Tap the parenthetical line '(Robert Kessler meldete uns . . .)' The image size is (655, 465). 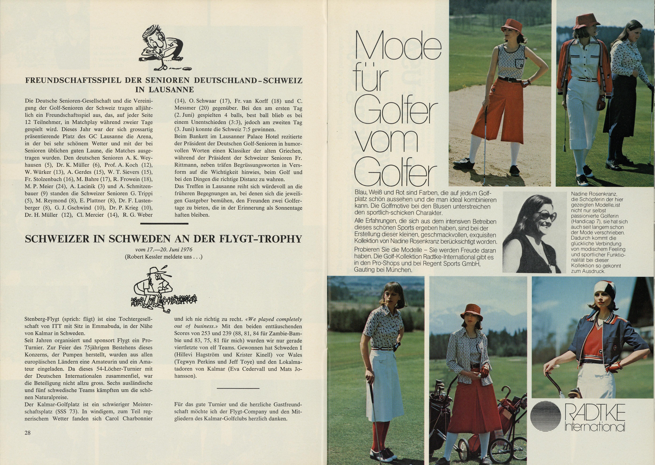pos(163,257)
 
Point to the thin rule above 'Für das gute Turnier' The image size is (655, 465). pos(238,388)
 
